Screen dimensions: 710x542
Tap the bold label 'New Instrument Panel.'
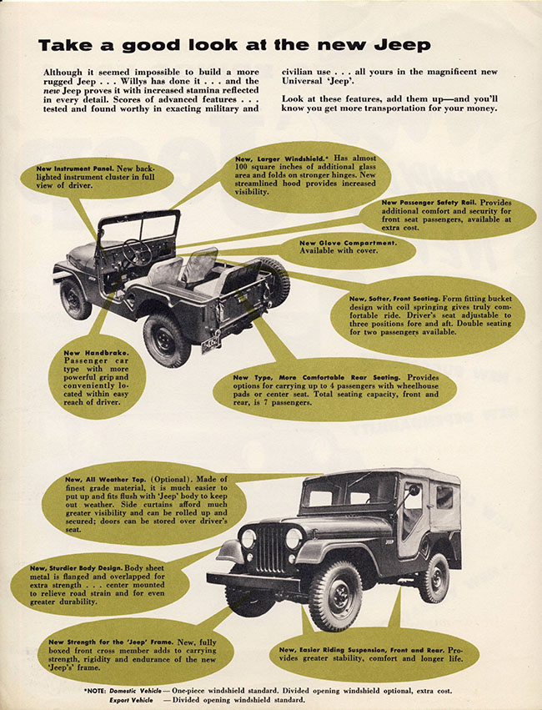click(x=68, y=169)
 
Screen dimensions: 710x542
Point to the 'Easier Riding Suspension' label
click(x=359, y=648)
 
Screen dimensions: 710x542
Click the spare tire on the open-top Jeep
click(x=275, y=280)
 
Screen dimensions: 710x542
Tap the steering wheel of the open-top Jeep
click(x=136, y=251)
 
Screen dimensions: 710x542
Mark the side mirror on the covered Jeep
click(x=414, y=490)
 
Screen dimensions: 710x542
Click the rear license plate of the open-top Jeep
click(x=211, y=343)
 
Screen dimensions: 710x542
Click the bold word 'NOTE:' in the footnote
click(x=98, y=691)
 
